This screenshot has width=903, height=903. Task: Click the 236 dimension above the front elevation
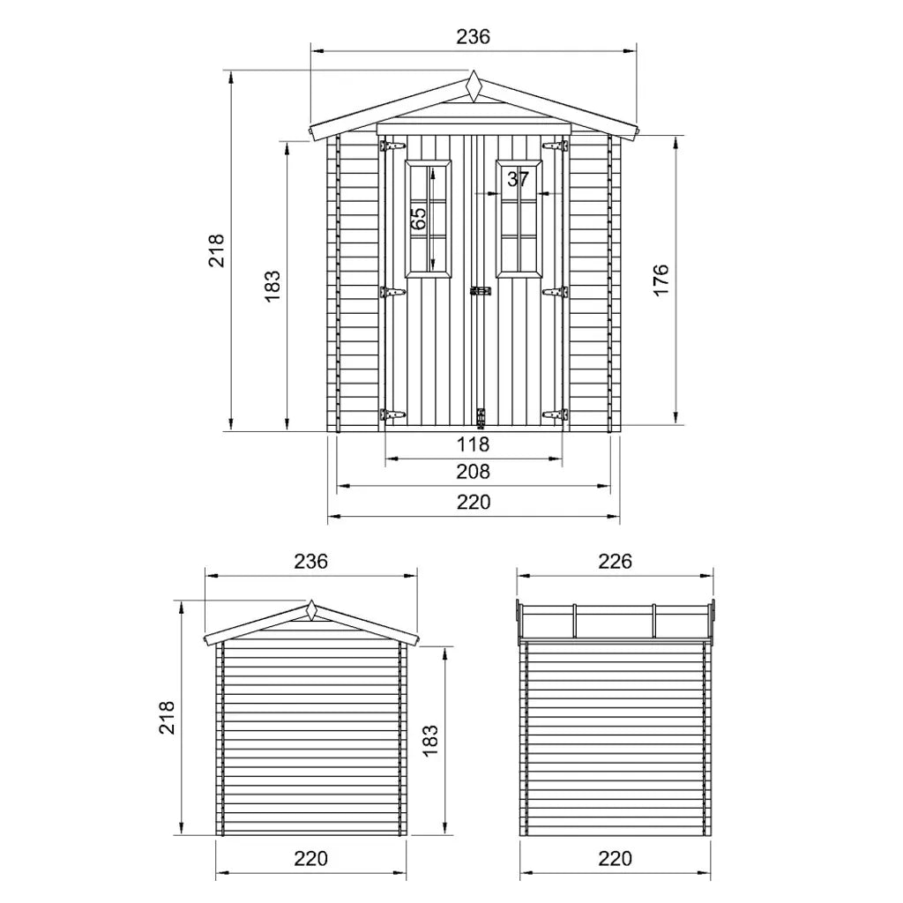pos(473,36)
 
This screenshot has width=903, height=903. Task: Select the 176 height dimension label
pos(661,280)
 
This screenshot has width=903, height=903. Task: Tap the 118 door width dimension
pos(473,444)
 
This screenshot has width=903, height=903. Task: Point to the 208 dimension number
pos(473,472)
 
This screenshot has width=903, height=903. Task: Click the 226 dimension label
pos(615,561)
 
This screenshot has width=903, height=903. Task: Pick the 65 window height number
pos(420,217)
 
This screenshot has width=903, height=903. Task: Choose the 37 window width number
pos(519,179)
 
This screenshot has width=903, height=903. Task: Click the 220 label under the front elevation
pos(473,502)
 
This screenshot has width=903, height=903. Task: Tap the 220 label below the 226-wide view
pos(615,858)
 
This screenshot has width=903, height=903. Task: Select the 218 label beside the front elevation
pos(217,250)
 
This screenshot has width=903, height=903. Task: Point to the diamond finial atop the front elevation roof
pos(474,86)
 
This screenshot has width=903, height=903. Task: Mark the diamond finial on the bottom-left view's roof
pos(311,610)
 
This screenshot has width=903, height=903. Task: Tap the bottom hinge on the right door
pos(555,414)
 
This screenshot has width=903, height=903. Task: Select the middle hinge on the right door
pos(555,291)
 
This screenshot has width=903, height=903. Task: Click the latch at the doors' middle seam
pos(481,290)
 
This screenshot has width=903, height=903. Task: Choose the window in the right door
pos(519,218)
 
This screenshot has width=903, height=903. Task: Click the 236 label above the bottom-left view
pos(310,561)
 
